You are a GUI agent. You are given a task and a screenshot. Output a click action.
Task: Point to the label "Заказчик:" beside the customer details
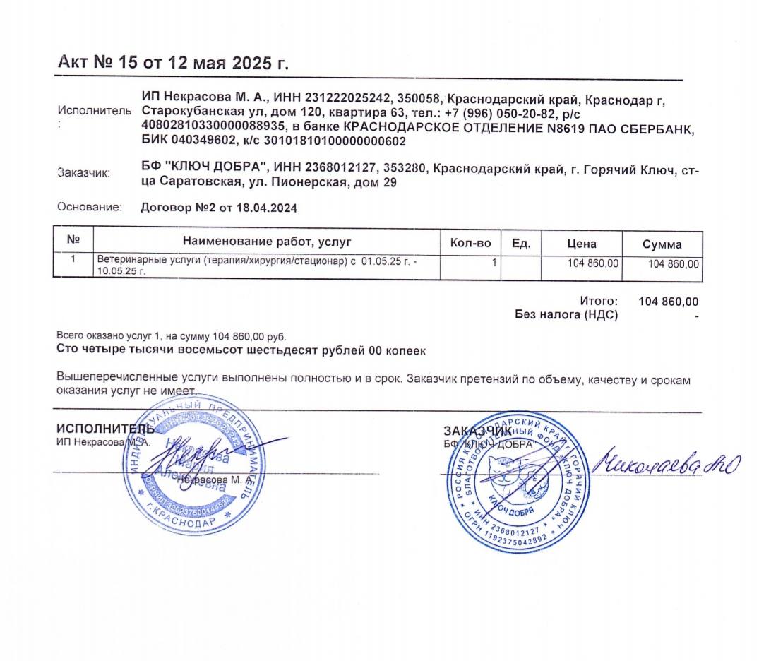pyautogui.click(x=83, y=173)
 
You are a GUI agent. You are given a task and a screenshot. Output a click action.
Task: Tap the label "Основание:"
pyautogui.click(x=90, y=208)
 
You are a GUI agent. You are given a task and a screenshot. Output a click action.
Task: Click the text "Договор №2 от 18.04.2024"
pyautogui.click(x=219, y=208)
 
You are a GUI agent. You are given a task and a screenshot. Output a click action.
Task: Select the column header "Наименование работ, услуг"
pyautogui.click(x=267, y=242)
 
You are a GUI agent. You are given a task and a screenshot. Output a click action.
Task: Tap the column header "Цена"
pyautogui.click(x=582, y=244)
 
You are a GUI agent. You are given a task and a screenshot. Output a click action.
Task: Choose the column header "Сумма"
pyautogui.click(x=662, y=244)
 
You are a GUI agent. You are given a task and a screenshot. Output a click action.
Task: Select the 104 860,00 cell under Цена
pyautogui.click(x=593, y=263)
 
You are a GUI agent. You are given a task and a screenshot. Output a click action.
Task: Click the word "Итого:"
pyautogui.click(x=599, y=302)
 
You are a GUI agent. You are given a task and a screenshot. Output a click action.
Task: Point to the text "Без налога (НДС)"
pyautogui.click(x=566, y=315)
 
